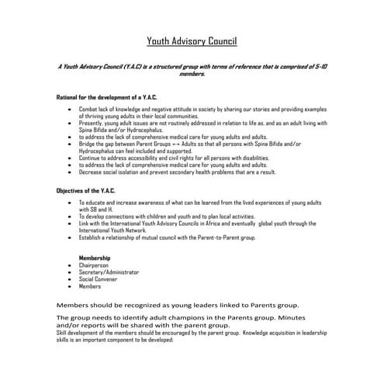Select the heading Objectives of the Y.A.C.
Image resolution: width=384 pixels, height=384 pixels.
(x=90, y=190)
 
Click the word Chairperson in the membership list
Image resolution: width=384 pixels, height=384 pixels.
(x=95, y=265)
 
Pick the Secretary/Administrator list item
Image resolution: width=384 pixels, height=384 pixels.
(x=109, y=272)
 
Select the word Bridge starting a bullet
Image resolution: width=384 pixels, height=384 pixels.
(x=88, y=144)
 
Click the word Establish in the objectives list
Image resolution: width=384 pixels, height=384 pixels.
(x=92, y=237)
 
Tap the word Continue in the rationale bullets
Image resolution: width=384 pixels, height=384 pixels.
(x=92, y=157)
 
